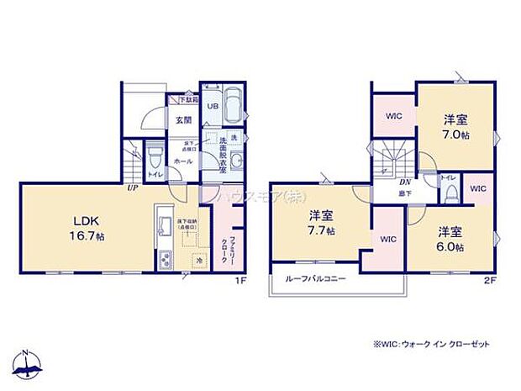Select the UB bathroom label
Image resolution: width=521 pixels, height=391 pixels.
(213, 107)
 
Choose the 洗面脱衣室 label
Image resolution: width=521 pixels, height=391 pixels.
(222, 156)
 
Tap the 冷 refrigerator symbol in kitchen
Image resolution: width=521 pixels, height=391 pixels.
(199, 260)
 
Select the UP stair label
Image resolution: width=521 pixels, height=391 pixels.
(133, 188)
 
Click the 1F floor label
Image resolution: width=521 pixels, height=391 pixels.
(240, 280)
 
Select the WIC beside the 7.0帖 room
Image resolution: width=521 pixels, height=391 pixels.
(393, 116)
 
